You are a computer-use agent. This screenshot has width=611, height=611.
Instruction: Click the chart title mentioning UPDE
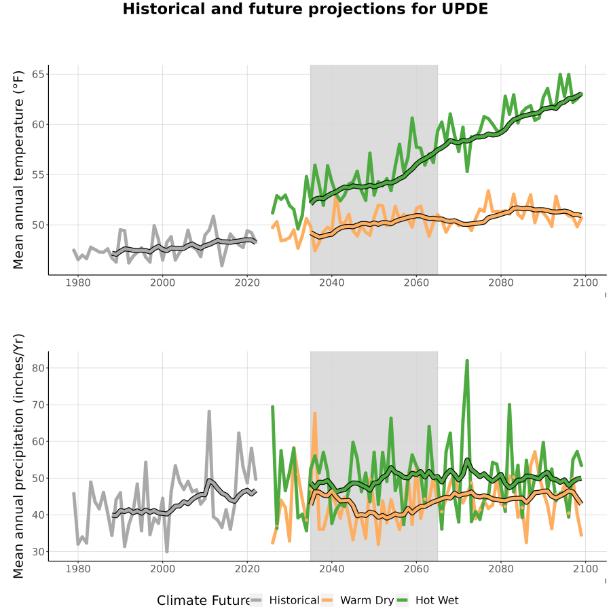305,9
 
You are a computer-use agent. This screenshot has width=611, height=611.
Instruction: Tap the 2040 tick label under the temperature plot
331,282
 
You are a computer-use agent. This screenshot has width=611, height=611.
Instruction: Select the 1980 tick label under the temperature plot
78,282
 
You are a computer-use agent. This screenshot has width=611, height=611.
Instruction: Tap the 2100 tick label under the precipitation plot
585,569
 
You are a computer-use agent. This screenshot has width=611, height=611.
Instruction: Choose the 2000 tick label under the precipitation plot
162,569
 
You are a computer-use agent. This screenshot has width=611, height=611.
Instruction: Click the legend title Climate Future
203,601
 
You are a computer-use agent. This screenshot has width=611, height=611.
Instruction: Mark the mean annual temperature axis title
18,170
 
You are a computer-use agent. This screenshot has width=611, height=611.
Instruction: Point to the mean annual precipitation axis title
18,456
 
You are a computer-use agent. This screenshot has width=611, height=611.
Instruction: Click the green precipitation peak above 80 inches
467,361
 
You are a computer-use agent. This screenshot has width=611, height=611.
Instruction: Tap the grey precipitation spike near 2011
209,411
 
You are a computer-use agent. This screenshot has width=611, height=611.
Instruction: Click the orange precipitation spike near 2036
315,413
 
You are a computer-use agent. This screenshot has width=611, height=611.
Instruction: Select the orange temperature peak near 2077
488,191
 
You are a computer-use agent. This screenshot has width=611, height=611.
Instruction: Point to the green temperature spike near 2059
412,117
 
